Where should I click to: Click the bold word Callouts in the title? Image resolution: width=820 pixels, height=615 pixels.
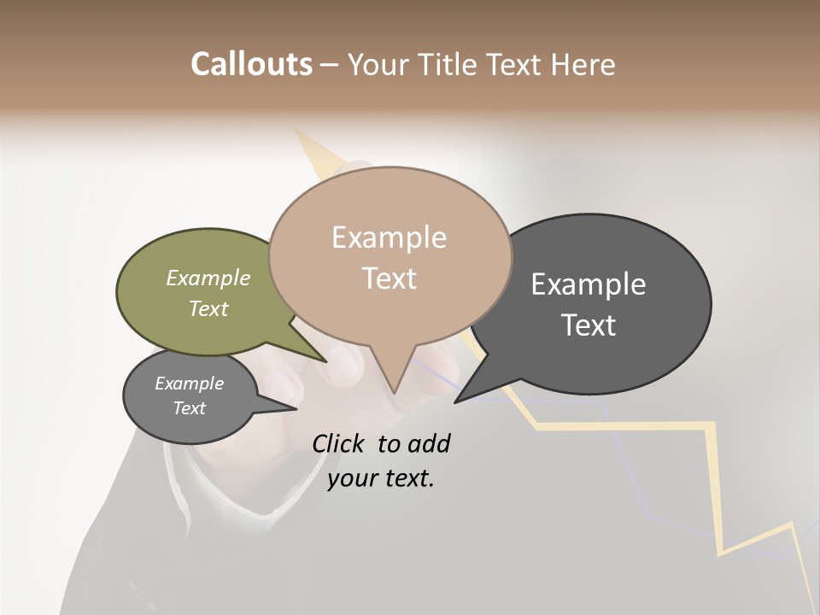point(251,64)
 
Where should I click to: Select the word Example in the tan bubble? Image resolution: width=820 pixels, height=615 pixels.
point(389,237)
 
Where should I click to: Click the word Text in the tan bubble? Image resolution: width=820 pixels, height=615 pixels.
point(389,278)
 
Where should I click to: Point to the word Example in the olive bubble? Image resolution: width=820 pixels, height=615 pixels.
point(208,278)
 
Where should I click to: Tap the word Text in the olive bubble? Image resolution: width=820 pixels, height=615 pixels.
point(208,308)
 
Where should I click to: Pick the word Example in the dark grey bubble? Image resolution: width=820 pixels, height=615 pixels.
point(589,284)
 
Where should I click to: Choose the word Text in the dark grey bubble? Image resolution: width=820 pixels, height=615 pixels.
point(589,325)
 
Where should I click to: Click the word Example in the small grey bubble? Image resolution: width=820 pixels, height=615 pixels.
point(189,384)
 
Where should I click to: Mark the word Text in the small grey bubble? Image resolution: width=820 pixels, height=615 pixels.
point(189,408)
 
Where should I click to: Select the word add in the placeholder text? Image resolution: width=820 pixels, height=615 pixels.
point(429,443)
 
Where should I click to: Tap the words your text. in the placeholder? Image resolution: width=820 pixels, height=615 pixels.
point(381,478)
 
